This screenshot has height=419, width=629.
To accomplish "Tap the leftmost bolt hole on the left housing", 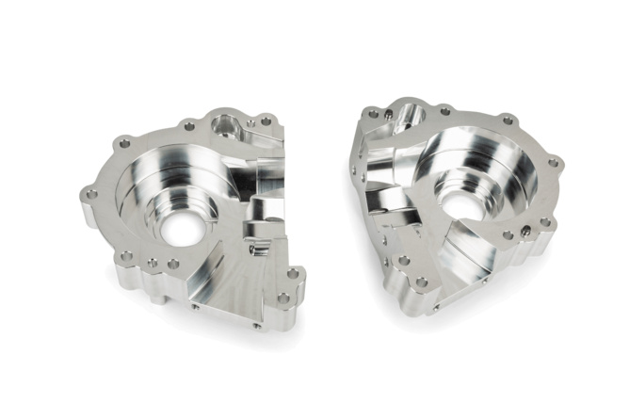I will coord(91,194).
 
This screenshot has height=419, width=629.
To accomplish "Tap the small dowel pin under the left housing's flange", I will coord(195,306).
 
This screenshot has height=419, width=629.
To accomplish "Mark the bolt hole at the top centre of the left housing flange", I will coord(188,125).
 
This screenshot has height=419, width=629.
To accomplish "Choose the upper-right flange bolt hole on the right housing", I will coord(509,120).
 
